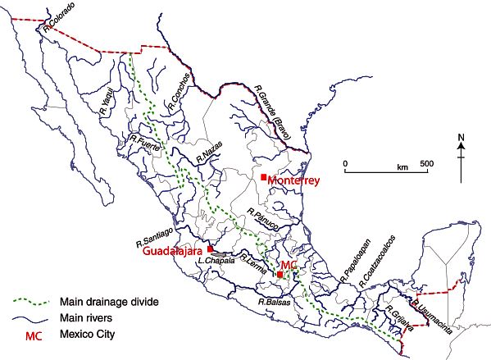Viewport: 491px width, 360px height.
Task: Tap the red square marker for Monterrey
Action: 263,177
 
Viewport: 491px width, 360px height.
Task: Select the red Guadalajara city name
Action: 172,253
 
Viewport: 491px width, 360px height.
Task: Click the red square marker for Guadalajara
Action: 211,248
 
